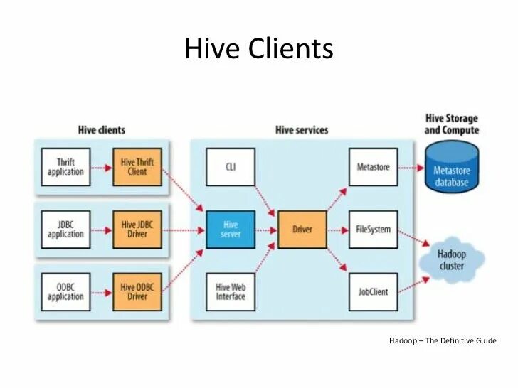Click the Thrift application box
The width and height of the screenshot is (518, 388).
pos(65,167)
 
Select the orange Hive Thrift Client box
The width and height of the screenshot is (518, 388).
pos(137,167)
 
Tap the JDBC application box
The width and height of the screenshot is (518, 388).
pos(65,230)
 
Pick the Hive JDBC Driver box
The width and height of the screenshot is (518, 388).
pos(137,230)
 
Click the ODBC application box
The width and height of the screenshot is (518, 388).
pos(65,292)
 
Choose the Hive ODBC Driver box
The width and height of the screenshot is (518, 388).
pos(137,292)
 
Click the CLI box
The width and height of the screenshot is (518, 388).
pos(231,167)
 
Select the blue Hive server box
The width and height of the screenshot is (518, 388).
pos(231,230)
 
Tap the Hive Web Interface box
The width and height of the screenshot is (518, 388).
pos(231,292)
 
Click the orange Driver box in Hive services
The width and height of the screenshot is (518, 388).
pos(302,230)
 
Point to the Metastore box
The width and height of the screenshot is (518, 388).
pos(373,167)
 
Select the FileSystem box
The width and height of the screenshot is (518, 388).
pos(373,230)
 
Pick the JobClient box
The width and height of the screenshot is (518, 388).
pos(373,292)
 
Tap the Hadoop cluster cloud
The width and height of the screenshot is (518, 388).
pos(451,260)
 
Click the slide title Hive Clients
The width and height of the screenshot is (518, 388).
pos(258,49)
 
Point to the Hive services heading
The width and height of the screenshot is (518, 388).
pos(302,130)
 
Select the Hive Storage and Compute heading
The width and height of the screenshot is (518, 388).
pos(451,124)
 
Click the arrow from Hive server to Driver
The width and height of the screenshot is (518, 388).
pos(266,230)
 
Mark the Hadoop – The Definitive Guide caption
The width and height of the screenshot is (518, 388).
pos(443,341)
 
